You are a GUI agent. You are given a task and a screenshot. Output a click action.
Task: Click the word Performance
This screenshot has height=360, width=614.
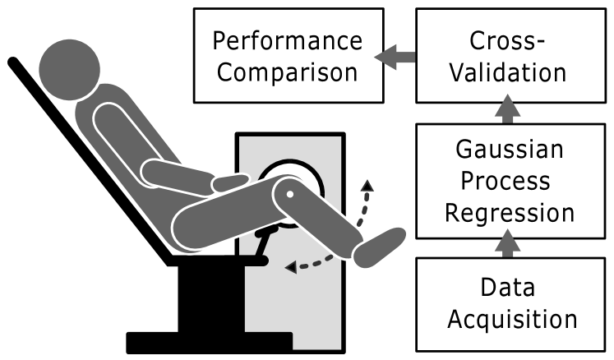click(287, 40)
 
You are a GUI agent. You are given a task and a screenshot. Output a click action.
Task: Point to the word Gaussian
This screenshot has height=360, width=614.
click(510, 150)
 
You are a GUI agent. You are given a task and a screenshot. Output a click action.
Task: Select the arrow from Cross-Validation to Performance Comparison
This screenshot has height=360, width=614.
click(395, 56)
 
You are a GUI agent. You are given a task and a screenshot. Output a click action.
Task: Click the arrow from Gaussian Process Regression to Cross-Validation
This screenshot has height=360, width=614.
click(510, 108)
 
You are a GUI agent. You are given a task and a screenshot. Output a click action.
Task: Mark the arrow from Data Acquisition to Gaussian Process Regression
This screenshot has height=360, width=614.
click(510, 243)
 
